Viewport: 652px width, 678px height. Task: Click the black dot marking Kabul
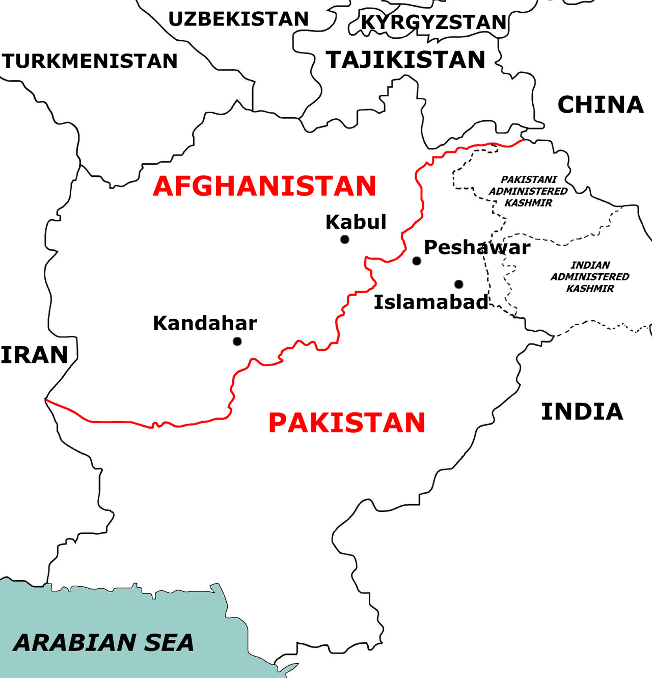(345, 239)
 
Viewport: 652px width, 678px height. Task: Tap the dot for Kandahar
(237, 341)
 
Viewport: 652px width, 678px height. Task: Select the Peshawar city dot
(417, 261)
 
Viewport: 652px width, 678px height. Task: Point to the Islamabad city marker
(459, 284)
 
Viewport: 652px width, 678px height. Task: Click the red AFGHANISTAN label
(264, 186)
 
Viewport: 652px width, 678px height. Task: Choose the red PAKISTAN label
(346, 423)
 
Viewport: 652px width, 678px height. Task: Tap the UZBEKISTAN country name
(238, 19)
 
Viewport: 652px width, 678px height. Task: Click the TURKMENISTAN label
(90, 61)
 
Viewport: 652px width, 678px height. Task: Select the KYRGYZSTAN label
(434, 22)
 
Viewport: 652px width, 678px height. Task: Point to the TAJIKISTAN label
(405, 60)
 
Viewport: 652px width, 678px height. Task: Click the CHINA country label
(601, 105)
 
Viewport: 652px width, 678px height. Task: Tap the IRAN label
(34, 355)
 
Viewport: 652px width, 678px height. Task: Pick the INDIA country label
(582, 412)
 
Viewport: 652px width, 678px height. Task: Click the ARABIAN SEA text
(103, 642)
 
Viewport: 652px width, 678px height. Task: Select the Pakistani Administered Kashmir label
(528, 191)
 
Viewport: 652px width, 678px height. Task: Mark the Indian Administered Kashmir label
(590, 277)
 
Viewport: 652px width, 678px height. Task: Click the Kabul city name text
(356, 222)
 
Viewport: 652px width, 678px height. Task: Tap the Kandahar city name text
(205, 323)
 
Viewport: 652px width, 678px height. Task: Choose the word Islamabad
(431, 302)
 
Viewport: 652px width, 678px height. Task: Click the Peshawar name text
(477, 247)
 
